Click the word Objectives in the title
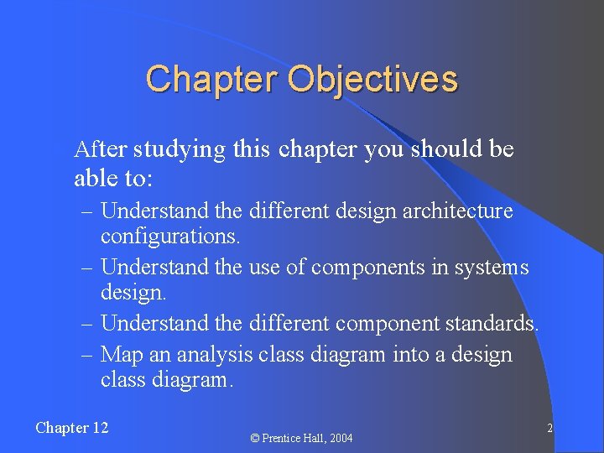coord(373,80)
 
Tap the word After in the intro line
coord(100,150)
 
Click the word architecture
coord(457,211)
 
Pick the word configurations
coord(170,237)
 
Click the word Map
coord(118,355)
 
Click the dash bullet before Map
coord(87,355)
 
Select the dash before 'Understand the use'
coord(87,268)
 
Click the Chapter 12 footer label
coord(72,428)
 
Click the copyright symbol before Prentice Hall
coord(255,438)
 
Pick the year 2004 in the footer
coord(340,438)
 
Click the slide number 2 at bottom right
coord(549,429)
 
